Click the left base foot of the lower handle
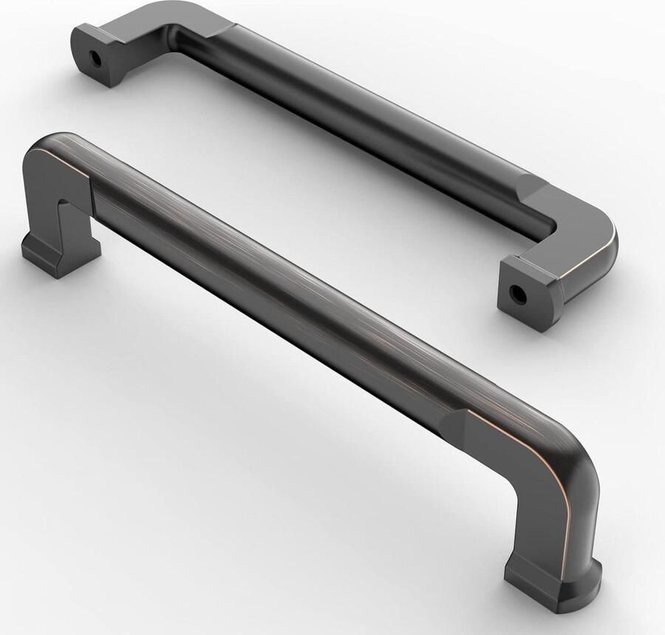click(59, 251)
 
